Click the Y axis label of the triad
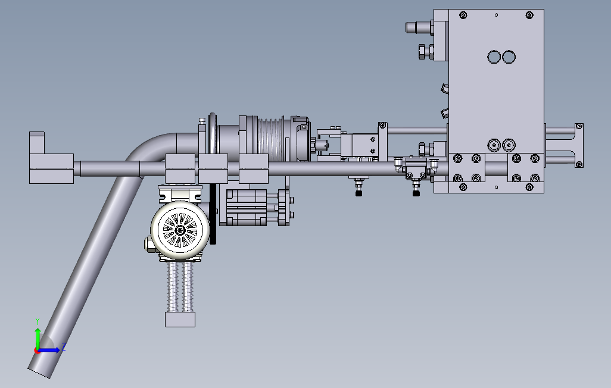(x=38, y=321)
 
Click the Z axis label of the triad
(x=64, y=347)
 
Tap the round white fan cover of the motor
(x=180, y=230)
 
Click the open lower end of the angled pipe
(x=39, y=373)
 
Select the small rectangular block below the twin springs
(x=180, y=320)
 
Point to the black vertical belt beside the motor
(x=213, y=214)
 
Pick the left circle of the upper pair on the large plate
(x=494, y=57)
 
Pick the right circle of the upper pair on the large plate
(x=509, y=57)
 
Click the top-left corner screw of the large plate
(x=463, y=15)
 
